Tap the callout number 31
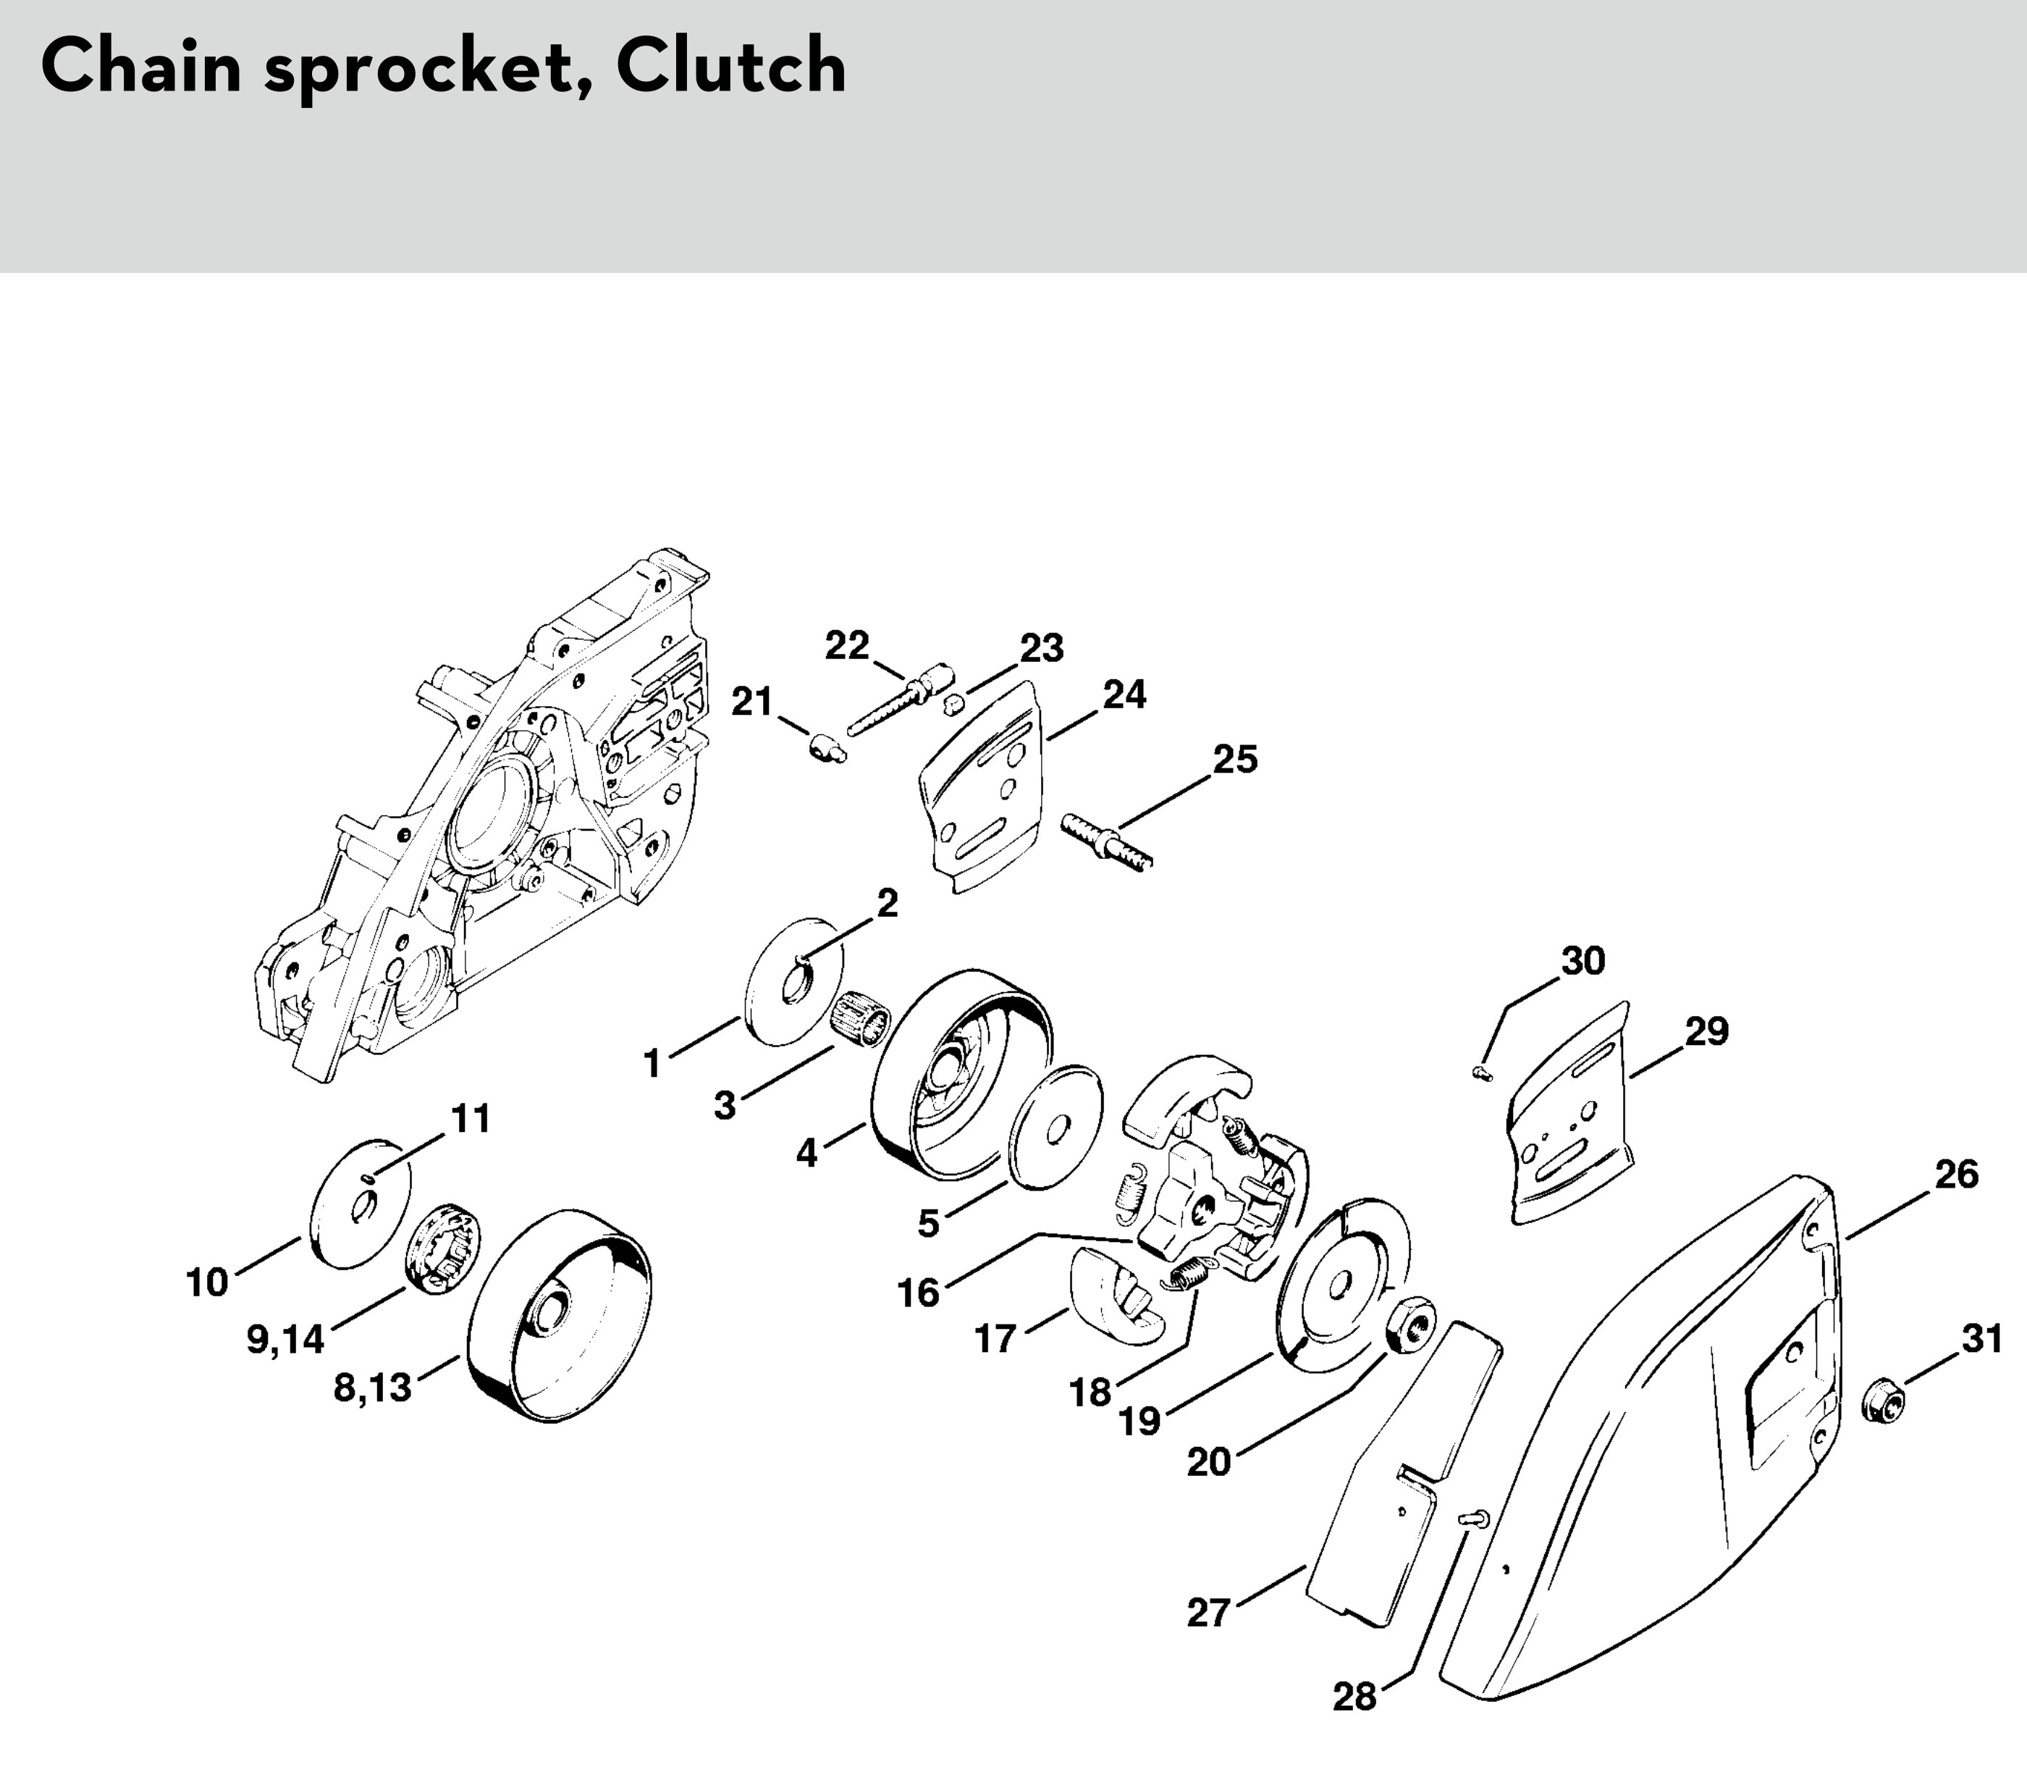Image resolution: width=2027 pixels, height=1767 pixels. (1981, 1339)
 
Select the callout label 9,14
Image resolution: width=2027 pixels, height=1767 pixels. (285, 1339)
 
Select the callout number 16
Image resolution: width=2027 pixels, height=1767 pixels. (919, 1292)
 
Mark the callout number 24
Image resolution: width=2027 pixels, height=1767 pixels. (1124, 694)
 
